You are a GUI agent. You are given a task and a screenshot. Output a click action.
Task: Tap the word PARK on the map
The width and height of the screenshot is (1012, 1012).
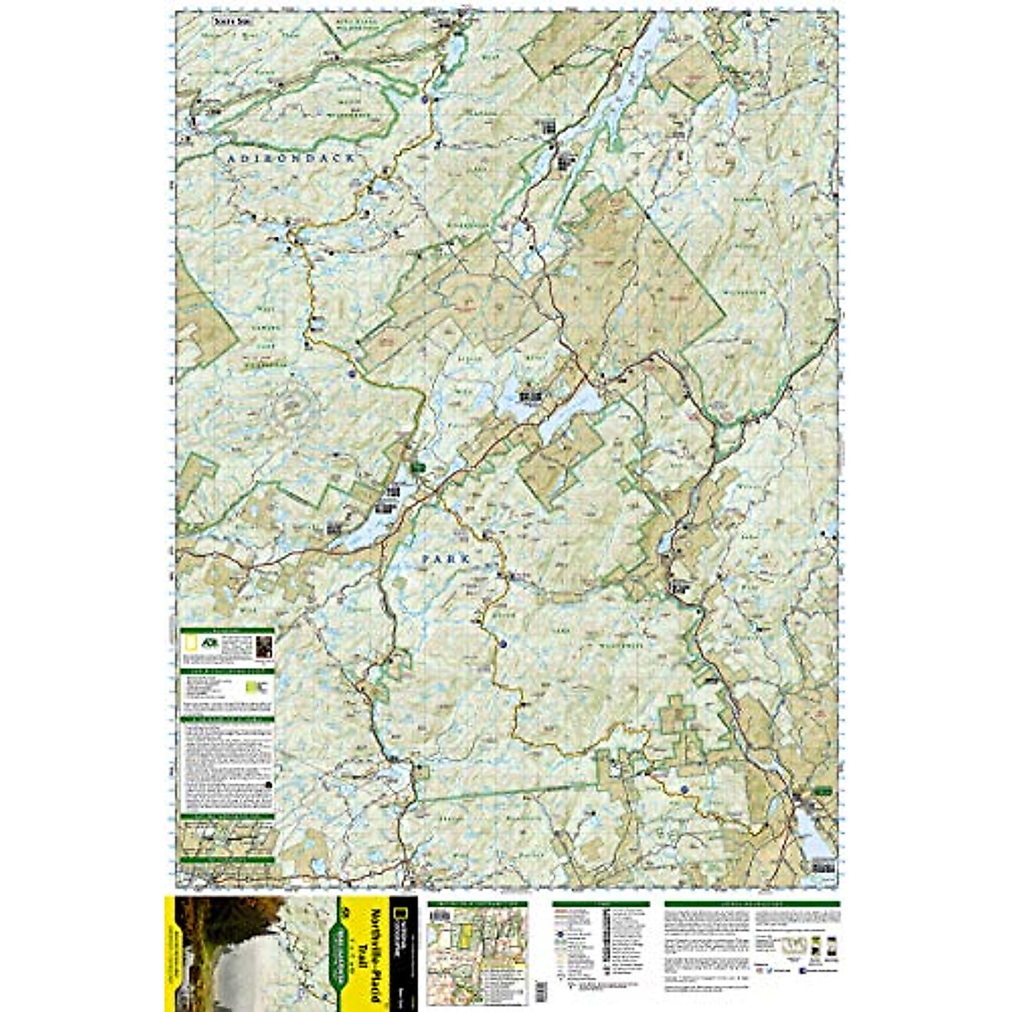[x=444, y=559]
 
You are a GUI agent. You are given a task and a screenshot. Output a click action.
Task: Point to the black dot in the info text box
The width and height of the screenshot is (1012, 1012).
[x=268, y=784]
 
